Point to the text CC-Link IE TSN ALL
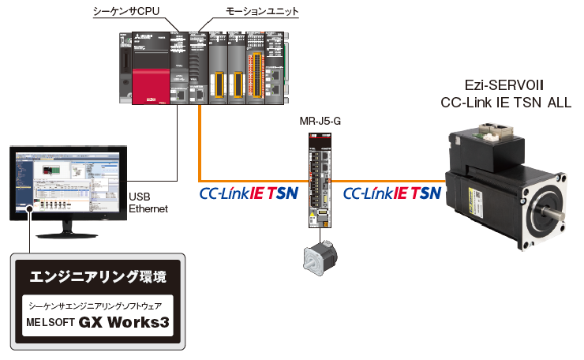coord(505,103)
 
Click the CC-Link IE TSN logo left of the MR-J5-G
coord(247,193)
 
